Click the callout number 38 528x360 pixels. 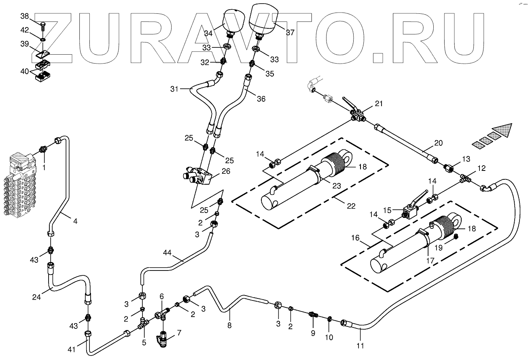(25, 16)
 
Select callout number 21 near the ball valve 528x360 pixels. (378, 104)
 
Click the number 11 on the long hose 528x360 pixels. (360, 345)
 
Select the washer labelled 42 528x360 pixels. (43, 40)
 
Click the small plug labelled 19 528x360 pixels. (456, 236)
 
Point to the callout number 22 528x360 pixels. (351, 206)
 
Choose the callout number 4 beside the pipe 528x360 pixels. (75, 221)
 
